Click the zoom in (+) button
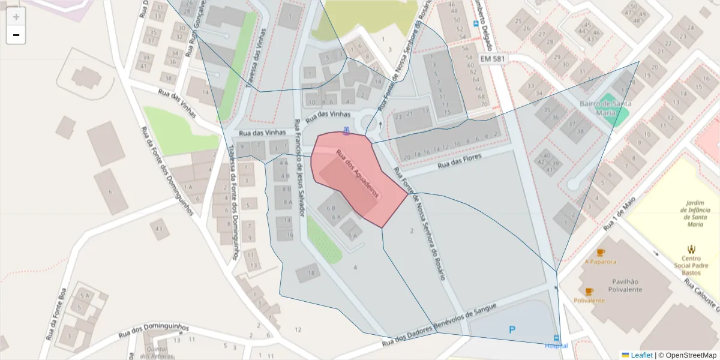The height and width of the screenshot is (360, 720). click(x=16, y=17)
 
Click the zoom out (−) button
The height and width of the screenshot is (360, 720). click(x=16, y=35)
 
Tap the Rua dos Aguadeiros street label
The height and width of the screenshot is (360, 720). click(x=358, y=173)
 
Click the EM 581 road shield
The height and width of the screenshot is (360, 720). click(x=492, y=59)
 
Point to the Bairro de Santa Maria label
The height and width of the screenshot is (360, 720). click(x=605, y=107)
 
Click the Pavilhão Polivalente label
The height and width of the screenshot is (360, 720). click(x=627, y=285)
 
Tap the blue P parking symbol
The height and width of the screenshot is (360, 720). click(x=512, y=329)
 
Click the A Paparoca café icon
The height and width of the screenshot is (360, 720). click(x=601, y=253)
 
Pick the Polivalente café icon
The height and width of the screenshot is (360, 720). click(x=589, y=292)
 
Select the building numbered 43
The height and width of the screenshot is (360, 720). click(x=159, y=229)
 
